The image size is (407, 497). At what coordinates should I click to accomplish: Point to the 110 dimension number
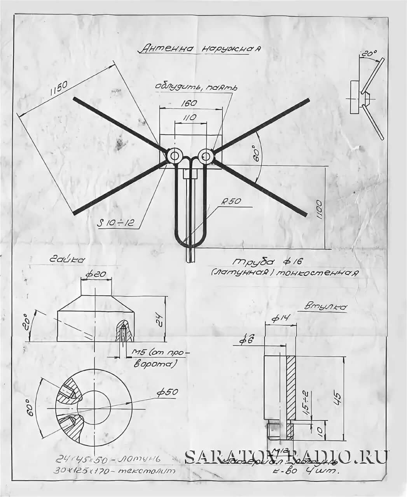[190, 117]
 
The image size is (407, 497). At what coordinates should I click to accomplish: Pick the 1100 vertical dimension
[318, 210]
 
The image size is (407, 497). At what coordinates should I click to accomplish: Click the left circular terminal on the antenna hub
[174, 156]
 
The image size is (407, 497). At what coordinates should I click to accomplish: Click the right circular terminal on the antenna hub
[206, 156]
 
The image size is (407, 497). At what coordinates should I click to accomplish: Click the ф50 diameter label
[167, 392]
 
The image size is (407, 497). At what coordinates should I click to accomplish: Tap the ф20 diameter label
[96, 274]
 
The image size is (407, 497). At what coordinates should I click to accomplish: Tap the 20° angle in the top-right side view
[367, 54]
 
